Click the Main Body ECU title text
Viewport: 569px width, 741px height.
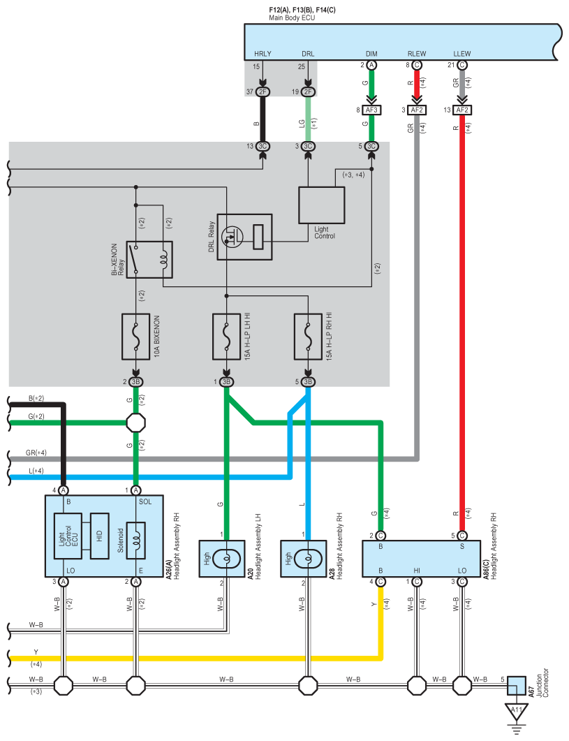pyautogui.click(x=292, y=18)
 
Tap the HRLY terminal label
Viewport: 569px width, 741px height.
pyautogui.click(x=263, y=54)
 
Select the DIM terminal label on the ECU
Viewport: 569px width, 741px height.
pyautogui.click(x=371, y=54)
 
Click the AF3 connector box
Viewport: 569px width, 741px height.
pyautogui.click(x=371, y=110)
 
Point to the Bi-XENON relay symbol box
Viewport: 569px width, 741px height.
pyautogui.click(x=149, y=259)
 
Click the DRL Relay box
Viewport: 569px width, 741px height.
pyautogui.click(x=245, y=237)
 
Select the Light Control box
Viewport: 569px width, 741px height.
pyautogui.click(x=321, y=205)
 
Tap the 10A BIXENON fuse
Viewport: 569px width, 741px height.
pyautogui.click(x=135, y=337)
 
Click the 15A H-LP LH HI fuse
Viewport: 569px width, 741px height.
pyautogui.click(x=226, y=337)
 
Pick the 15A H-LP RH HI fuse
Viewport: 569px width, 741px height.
pyautogui.click(x=308, y=337)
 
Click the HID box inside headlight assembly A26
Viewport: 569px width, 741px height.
pyautogui.click(x=99, y=536)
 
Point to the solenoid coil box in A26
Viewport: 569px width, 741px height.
pyautogui.click(x=136, y=541)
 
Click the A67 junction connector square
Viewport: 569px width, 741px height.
pyautogui.click(x=517, y=685)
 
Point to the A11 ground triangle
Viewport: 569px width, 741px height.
pyautogui.click(x=517, y=712)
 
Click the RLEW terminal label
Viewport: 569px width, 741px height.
pyautogui.click(x=417, y=54)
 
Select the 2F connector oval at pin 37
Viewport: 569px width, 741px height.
pyautogui.click(x=263, y=91)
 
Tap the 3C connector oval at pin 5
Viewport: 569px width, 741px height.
pyautogui.click(x=371, y=147)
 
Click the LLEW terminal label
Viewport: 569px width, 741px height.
pyautogui.click(x=462, y=54)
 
